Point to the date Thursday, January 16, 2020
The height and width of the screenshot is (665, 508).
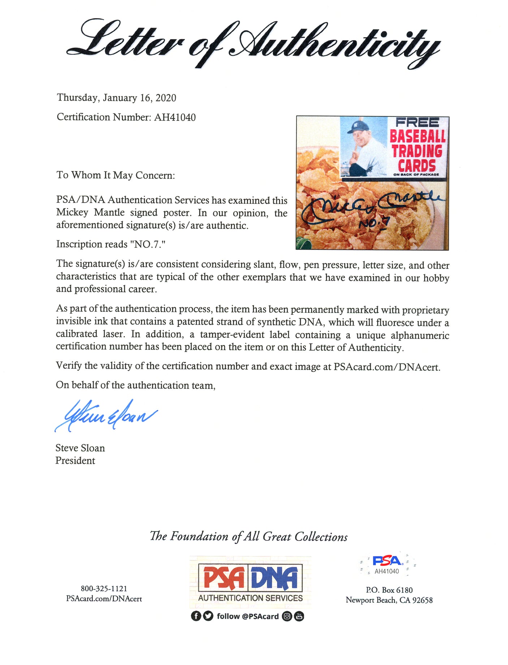pos(116,98)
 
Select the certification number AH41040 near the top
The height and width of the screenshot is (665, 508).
pos(175,117)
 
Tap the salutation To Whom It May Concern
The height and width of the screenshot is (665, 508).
pos(116,175)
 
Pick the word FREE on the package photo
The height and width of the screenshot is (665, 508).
pos(417,122)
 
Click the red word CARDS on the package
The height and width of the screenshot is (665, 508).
pos(417,166)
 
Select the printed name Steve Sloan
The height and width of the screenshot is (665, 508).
pos(80,448)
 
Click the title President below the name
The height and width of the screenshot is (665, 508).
pos(75,461)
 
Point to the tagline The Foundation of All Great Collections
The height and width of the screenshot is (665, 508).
pos(249,536)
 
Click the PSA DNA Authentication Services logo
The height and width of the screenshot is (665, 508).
pos(250,581)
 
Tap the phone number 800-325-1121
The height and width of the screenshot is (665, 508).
pos(104,589)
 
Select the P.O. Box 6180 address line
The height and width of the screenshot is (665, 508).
pos(389,590)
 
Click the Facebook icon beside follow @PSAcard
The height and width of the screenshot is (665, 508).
pos(196,616)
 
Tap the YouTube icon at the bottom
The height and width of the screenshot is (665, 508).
pos(299,616)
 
